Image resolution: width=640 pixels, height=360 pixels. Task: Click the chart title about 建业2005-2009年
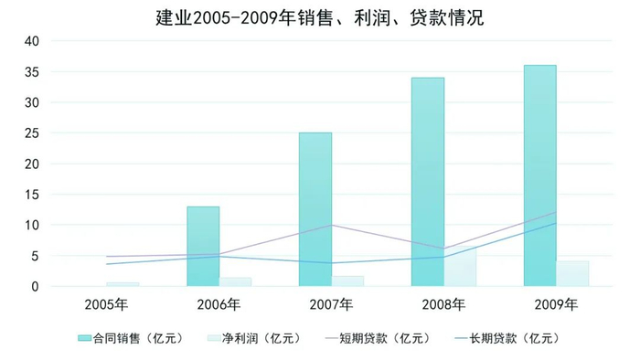(x=319, y=16)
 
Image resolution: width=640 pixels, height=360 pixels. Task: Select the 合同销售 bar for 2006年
(x=203, y=247)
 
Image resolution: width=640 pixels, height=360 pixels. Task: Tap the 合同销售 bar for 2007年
(x=315, y=209)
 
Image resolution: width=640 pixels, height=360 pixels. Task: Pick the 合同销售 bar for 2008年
(x=427, y=182)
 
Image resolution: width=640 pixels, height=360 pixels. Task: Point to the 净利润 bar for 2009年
(x=572, y=274)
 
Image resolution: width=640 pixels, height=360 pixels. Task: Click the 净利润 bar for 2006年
(x=236, y=281)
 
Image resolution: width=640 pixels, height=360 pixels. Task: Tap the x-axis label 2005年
(x=106, y=303)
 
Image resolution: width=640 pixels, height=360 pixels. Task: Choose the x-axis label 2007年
(x=331, y=303)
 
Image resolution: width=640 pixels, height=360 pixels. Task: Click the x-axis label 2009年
(x=556, y=303)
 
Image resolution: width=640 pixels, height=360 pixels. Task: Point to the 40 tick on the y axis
(x=31, y=41)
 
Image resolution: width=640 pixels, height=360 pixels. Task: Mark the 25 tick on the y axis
(x=31, y=133)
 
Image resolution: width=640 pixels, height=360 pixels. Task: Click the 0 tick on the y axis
(x=35, y=287)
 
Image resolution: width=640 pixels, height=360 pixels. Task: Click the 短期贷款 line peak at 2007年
(x=331, y=225)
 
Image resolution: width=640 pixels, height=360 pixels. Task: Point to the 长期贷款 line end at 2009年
(x=556, y=223)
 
